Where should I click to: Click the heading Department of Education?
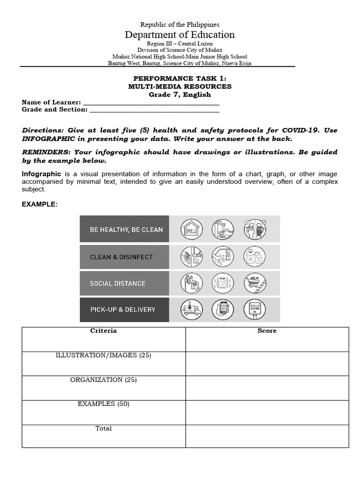180,35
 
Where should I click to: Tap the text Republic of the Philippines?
180,24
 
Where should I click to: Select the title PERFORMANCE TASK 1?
180,79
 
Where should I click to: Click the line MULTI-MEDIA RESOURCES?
180,87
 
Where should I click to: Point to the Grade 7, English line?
180,95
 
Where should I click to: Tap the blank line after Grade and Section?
154,110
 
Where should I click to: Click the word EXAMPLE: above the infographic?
39,204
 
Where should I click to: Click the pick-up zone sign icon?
255,309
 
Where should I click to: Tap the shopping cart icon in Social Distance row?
255,283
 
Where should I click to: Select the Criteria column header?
103,331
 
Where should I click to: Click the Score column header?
267,331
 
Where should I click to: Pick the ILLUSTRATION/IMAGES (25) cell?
103,355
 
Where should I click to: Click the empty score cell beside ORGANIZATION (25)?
267,388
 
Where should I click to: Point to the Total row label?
103,428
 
